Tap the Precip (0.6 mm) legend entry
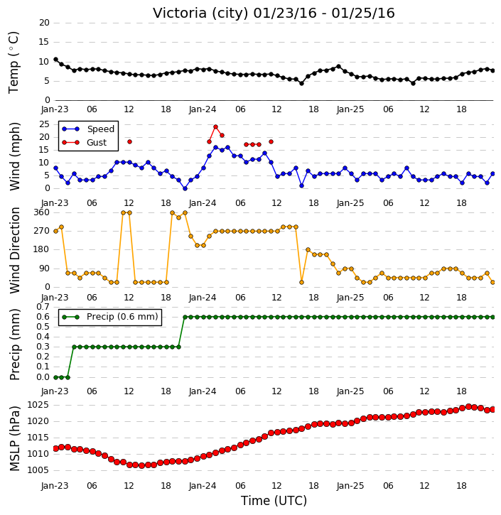110,317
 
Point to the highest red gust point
215,126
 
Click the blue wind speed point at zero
185,188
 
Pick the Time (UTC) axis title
274,501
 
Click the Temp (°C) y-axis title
14,63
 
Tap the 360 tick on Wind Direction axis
42,212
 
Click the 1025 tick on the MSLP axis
38,405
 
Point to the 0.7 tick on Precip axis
43,307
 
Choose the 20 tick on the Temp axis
44,23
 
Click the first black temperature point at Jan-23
55,60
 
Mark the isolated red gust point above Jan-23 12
129,141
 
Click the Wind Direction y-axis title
14,250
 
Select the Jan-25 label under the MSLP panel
350,486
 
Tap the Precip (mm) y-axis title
14,345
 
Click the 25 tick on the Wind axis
44,124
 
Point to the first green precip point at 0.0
55,377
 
